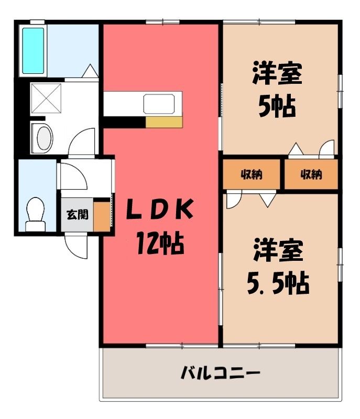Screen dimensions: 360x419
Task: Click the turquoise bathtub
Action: pyautogui.click(x=33, y=50)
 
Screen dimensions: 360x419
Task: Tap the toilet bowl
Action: pyautogui.click(x=36, y=214)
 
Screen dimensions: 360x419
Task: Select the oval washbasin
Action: pyautogui.click(x=44, y=138)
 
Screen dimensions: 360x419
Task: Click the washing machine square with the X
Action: pyautogui.click(x=46, y=98)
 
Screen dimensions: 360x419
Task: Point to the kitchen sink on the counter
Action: pyautogui.click(x=159, y=104)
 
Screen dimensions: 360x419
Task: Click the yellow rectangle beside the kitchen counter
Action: pyautogui.click(x=164, y=122)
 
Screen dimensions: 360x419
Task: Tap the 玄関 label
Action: pyautogui.click(x=77, y=215)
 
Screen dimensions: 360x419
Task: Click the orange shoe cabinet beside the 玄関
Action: pyautogui.click(x=102, y=217)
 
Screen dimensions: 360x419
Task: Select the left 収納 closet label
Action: pyautogui.click(x=252, y=174)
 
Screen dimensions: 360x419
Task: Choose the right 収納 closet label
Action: pyautogui.click(x=311, y=174)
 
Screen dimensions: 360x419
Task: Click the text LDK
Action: pyautogui.click(x=159, y=209)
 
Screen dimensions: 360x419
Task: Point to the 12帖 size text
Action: pyautogui.click(x=160, y=244)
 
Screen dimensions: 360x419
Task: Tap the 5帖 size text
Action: pyautogui.click(x=277, y=107)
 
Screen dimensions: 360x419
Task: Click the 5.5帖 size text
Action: pyautogui.click(x=278, y=283)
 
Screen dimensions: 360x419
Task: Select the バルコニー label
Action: pyautogui.click(x=220, y=373)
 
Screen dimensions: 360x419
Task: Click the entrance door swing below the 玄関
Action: pyautogui.click(x=76, y=246)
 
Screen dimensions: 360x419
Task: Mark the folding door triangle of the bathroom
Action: pyautogui.click(x=90, y=71)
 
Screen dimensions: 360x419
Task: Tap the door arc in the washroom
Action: pyautogui.click(x=82, y=141)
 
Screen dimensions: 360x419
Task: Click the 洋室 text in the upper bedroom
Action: pyautogui.click(x=277, y=73)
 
